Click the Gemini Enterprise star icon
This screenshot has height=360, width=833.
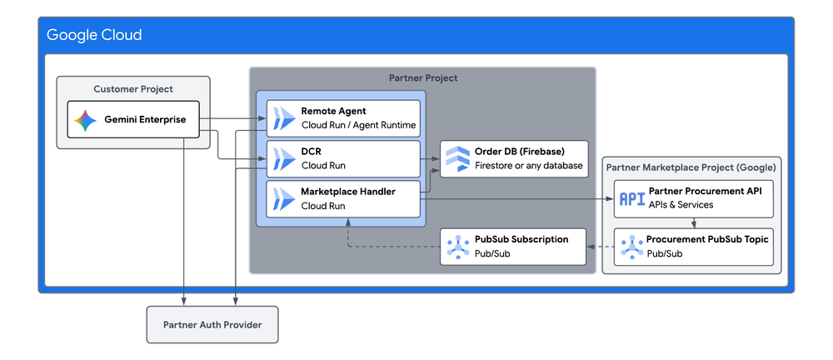click(x=86, y=120)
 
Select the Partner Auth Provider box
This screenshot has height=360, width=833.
click(x=212, y=324)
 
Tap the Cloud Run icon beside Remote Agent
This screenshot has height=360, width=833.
click(x=284, y=118)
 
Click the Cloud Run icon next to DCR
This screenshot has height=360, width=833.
click(x=284, y=158)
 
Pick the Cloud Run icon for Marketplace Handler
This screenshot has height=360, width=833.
click(x=284, y=199)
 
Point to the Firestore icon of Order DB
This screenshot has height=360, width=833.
click(x=457, y=158)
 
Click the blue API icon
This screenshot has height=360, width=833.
click(x=632, y=199)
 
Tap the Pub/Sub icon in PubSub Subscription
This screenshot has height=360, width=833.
click(x=457, y=247)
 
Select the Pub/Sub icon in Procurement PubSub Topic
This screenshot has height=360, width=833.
click(x=631, y=247)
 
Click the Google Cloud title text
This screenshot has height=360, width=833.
click(x=94, y=35)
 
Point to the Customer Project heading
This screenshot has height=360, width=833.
click(x=133, y=89)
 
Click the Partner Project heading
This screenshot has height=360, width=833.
click(x=423, y=78)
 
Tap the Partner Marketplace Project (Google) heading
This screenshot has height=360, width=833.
click(x=691, y=167)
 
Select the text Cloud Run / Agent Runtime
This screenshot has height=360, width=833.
click(x=358, y=126)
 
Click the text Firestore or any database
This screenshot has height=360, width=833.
click(x=529, y=165)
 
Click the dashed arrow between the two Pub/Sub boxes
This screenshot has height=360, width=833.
click(x=601, y=247)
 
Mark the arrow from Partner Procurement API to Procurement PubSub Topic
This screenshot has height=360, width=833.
click(x=694, y=222)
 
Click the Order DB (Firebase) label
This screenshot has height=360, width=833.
click(x=520, y=152)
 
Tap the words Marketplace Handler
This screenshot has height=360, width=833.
click(x=348, y=192)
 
